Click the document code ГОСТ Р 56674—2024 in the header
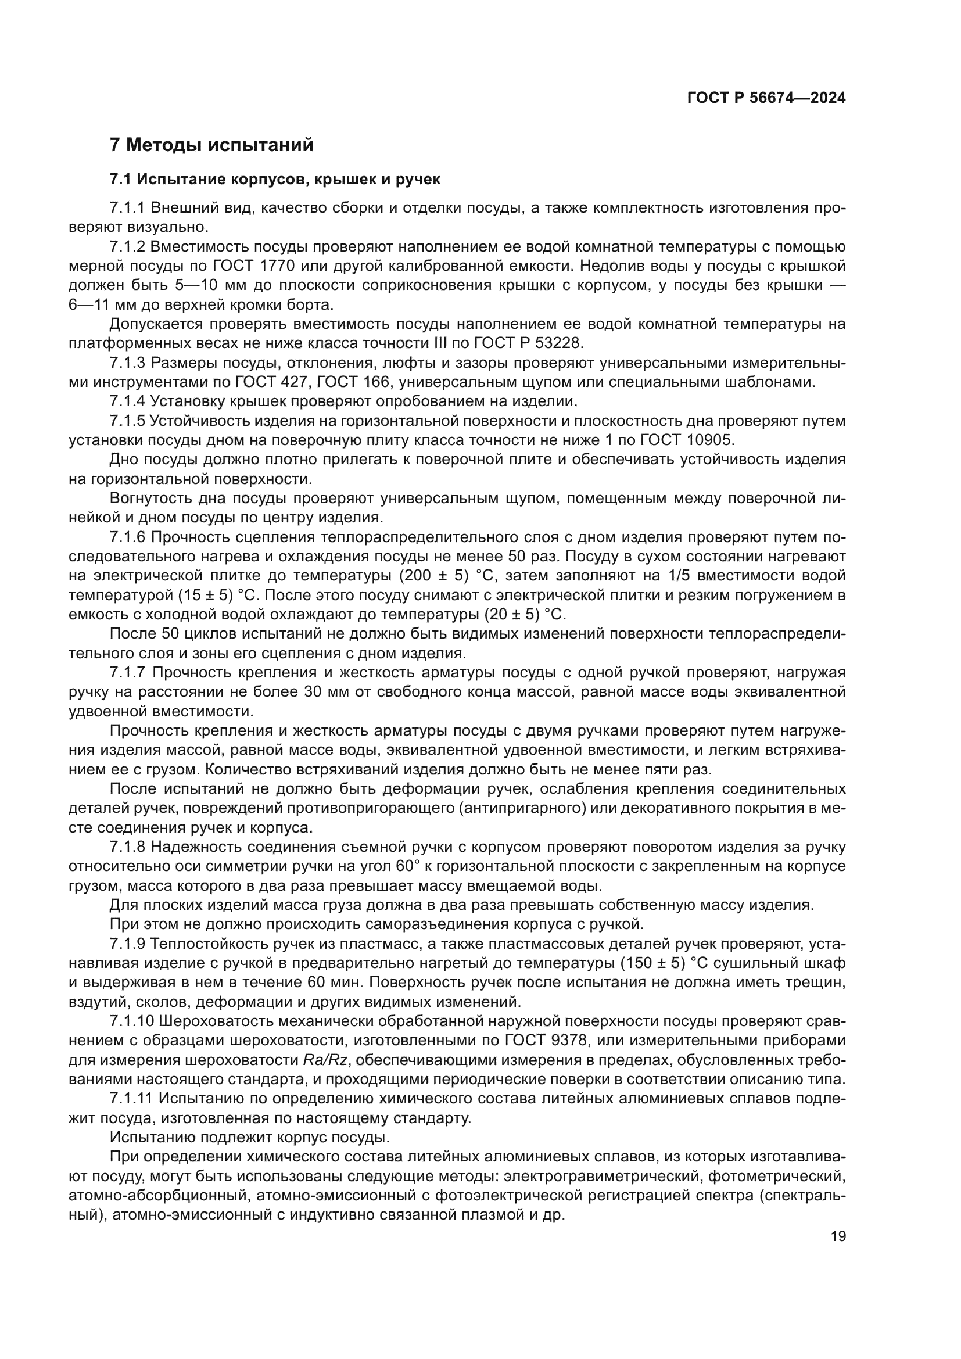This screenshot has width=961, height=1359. [766, 98]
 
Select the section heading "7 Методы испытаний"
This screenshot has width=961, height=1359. [211, 145]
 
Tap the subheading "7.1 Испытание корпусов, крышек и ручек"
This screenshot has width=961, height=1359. [275, 180]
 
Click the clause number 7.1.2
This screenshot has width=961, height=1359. [127, 247]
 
